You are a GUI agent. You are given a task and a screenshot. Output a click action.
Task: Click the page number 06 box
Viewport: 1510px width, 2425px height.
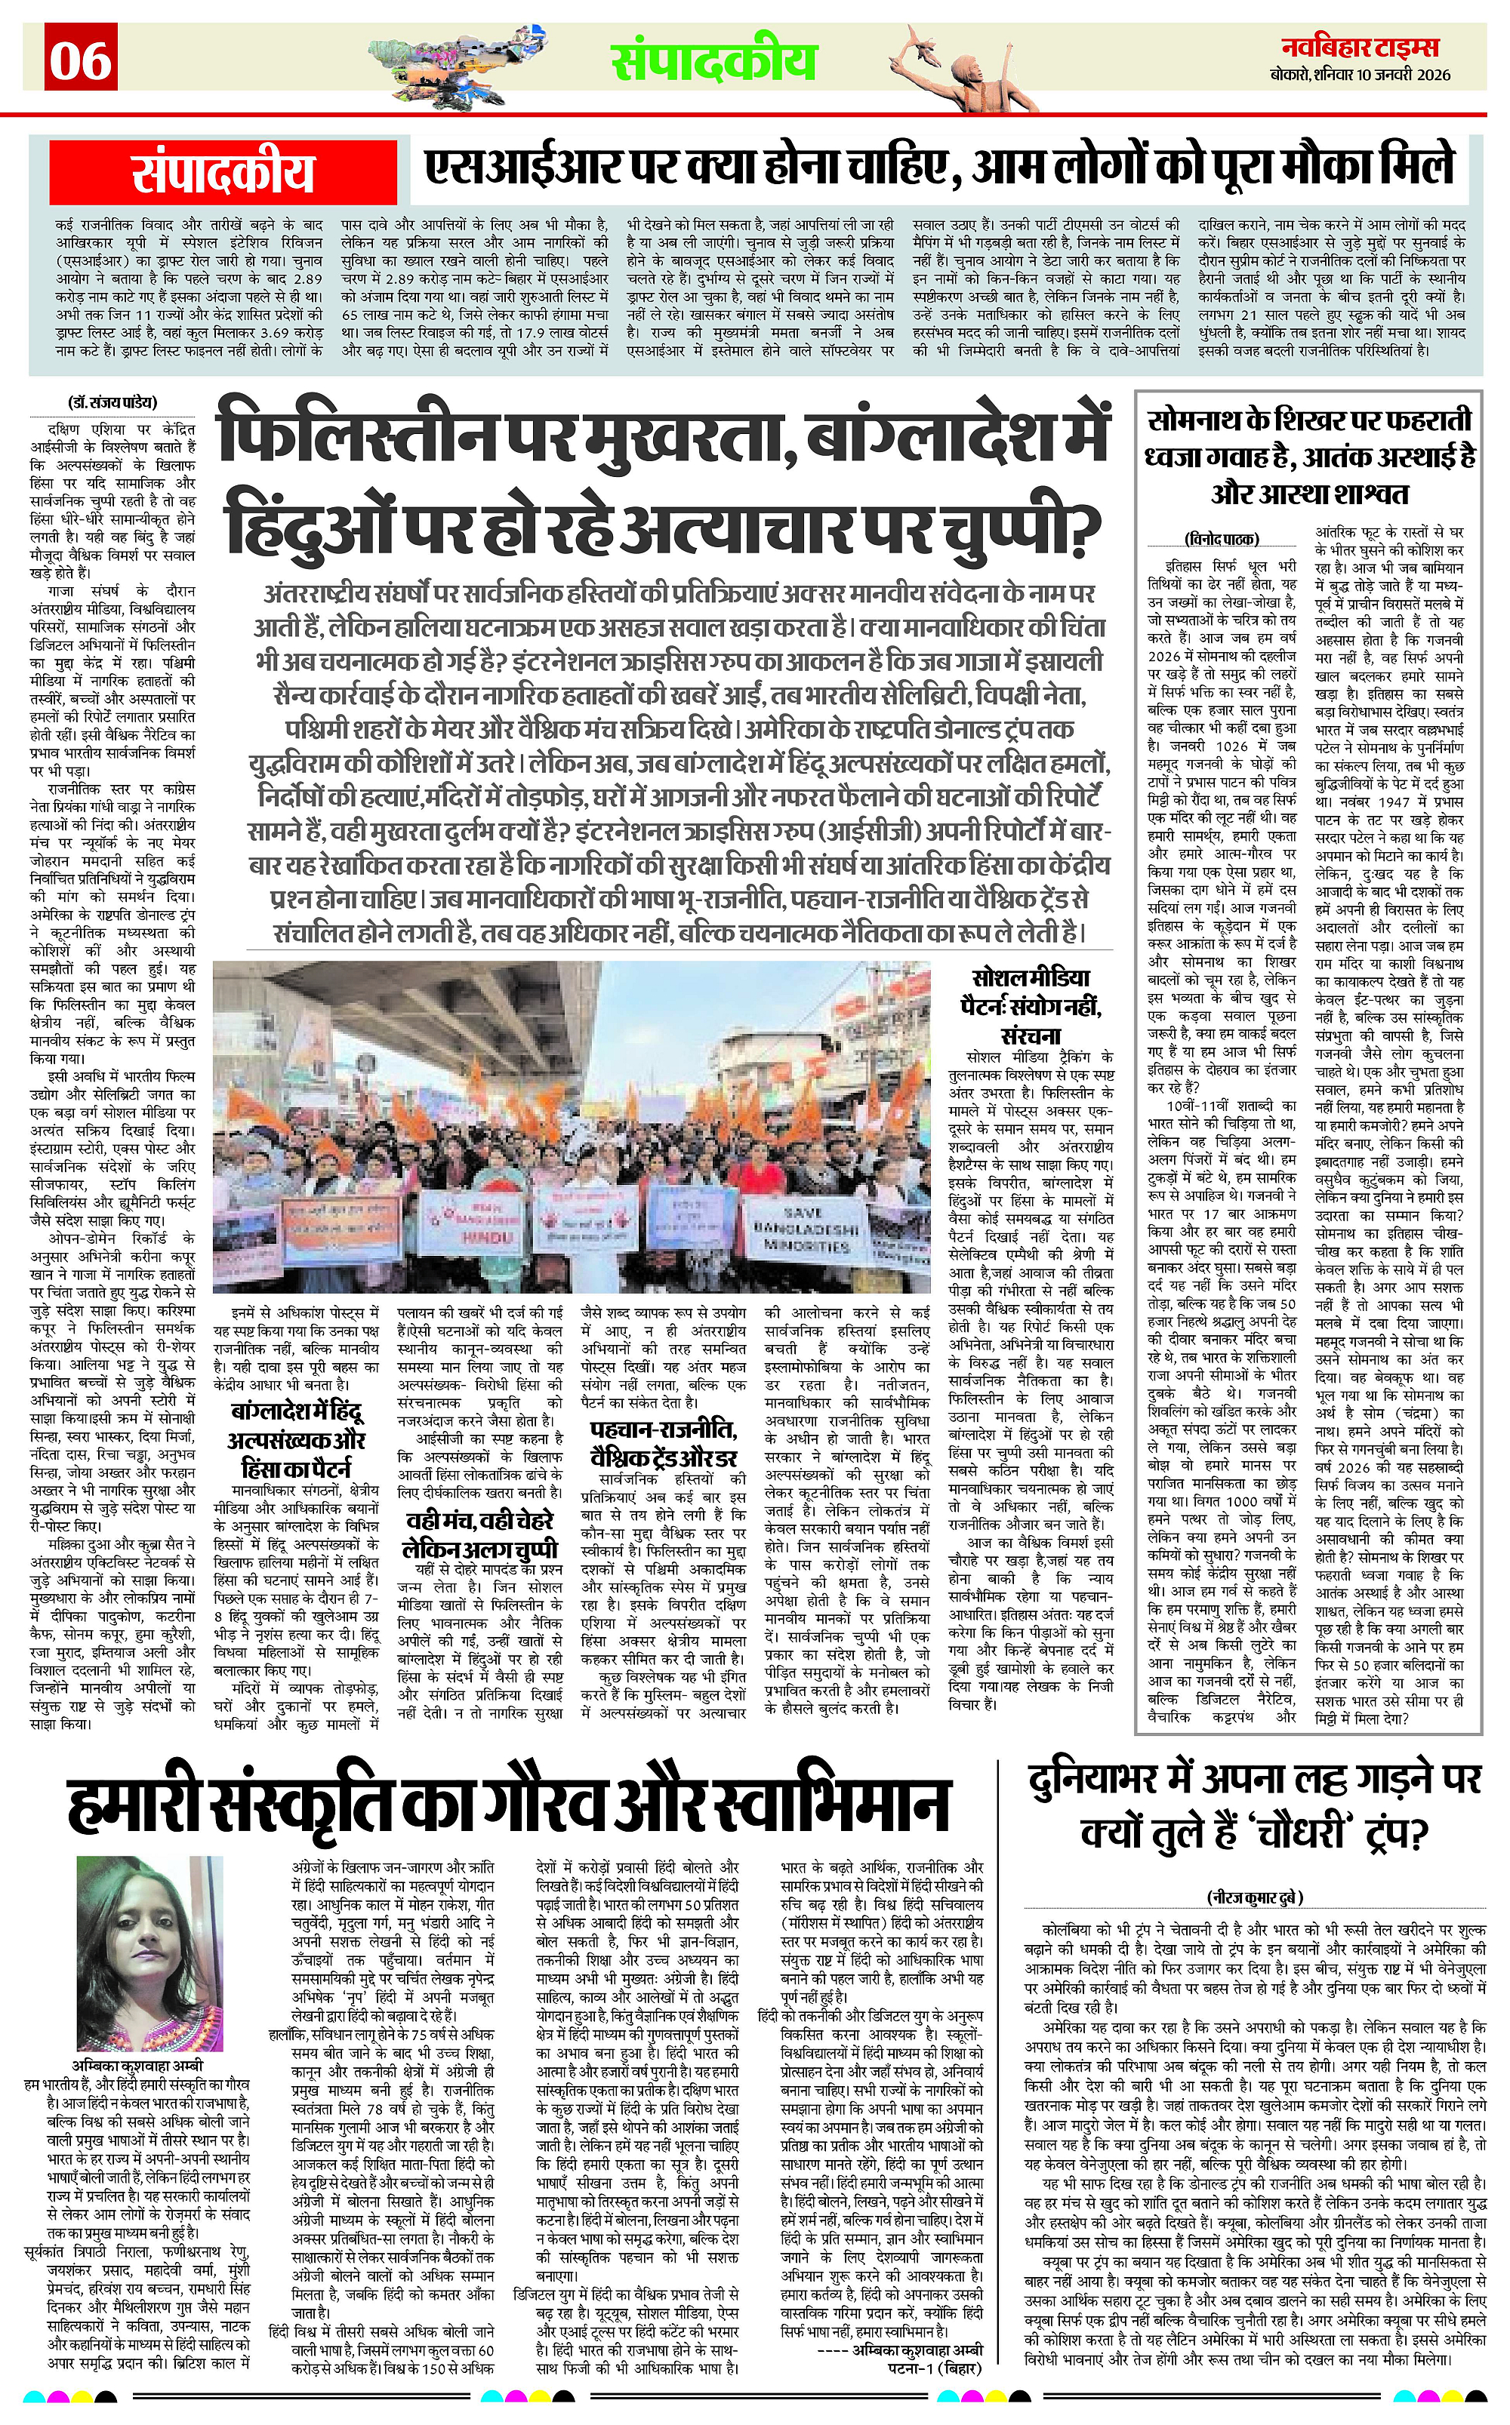[x=81, y=59]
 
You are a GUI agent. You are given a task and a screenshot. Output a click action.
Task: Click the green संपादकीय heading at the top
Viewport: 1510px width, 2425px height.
[x=714, y=62]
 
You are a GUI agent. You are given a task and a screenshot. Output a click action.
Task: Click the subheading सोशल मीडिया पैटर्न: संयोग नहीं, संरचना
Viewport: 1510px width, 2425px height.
[x=1034, y=1005]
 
